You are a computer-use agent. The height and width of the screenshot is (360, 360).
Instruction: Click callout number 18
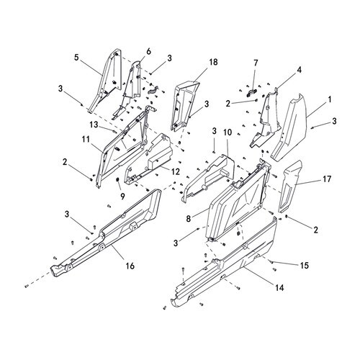tap(213, 62)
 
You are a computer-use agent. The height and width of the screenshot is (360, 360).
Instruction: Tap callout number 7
tap(256, 63)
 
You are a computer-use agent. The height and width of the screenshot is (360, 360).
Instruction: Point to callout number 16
tap(130, 266)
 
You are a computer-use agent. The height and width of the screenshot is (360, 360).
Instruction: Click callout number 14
tap(279, 287)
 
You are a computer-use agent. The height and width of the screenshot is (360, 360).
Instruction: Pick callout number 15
tap(304, 266)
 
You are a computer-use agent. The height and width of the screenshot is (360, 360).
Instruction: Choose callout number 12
tap(176, 171)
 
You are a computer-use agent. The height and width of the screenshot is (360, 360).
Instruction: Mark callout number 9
tap(122, 197)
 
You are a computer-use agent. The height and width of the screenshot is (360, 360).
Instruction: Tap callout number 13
tap(94, 125)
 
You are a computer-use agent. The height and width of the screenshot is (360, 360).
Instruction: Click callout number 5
tap(76, 58)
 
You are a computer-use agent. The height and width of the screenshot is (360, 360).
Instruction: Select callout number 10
tap(228, 132)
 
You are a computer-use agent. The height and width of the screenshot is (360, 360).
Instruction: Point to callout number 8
tap(188, 219)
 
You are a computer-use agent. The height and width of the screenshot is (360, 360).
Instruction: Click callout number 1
tap(330, 99)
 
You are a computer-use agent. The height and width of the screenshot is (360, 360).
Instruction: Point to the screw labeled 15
tap(271, 261)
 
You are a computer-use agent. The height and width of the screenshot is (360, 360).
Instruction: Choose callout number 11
tap(86, 140)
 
